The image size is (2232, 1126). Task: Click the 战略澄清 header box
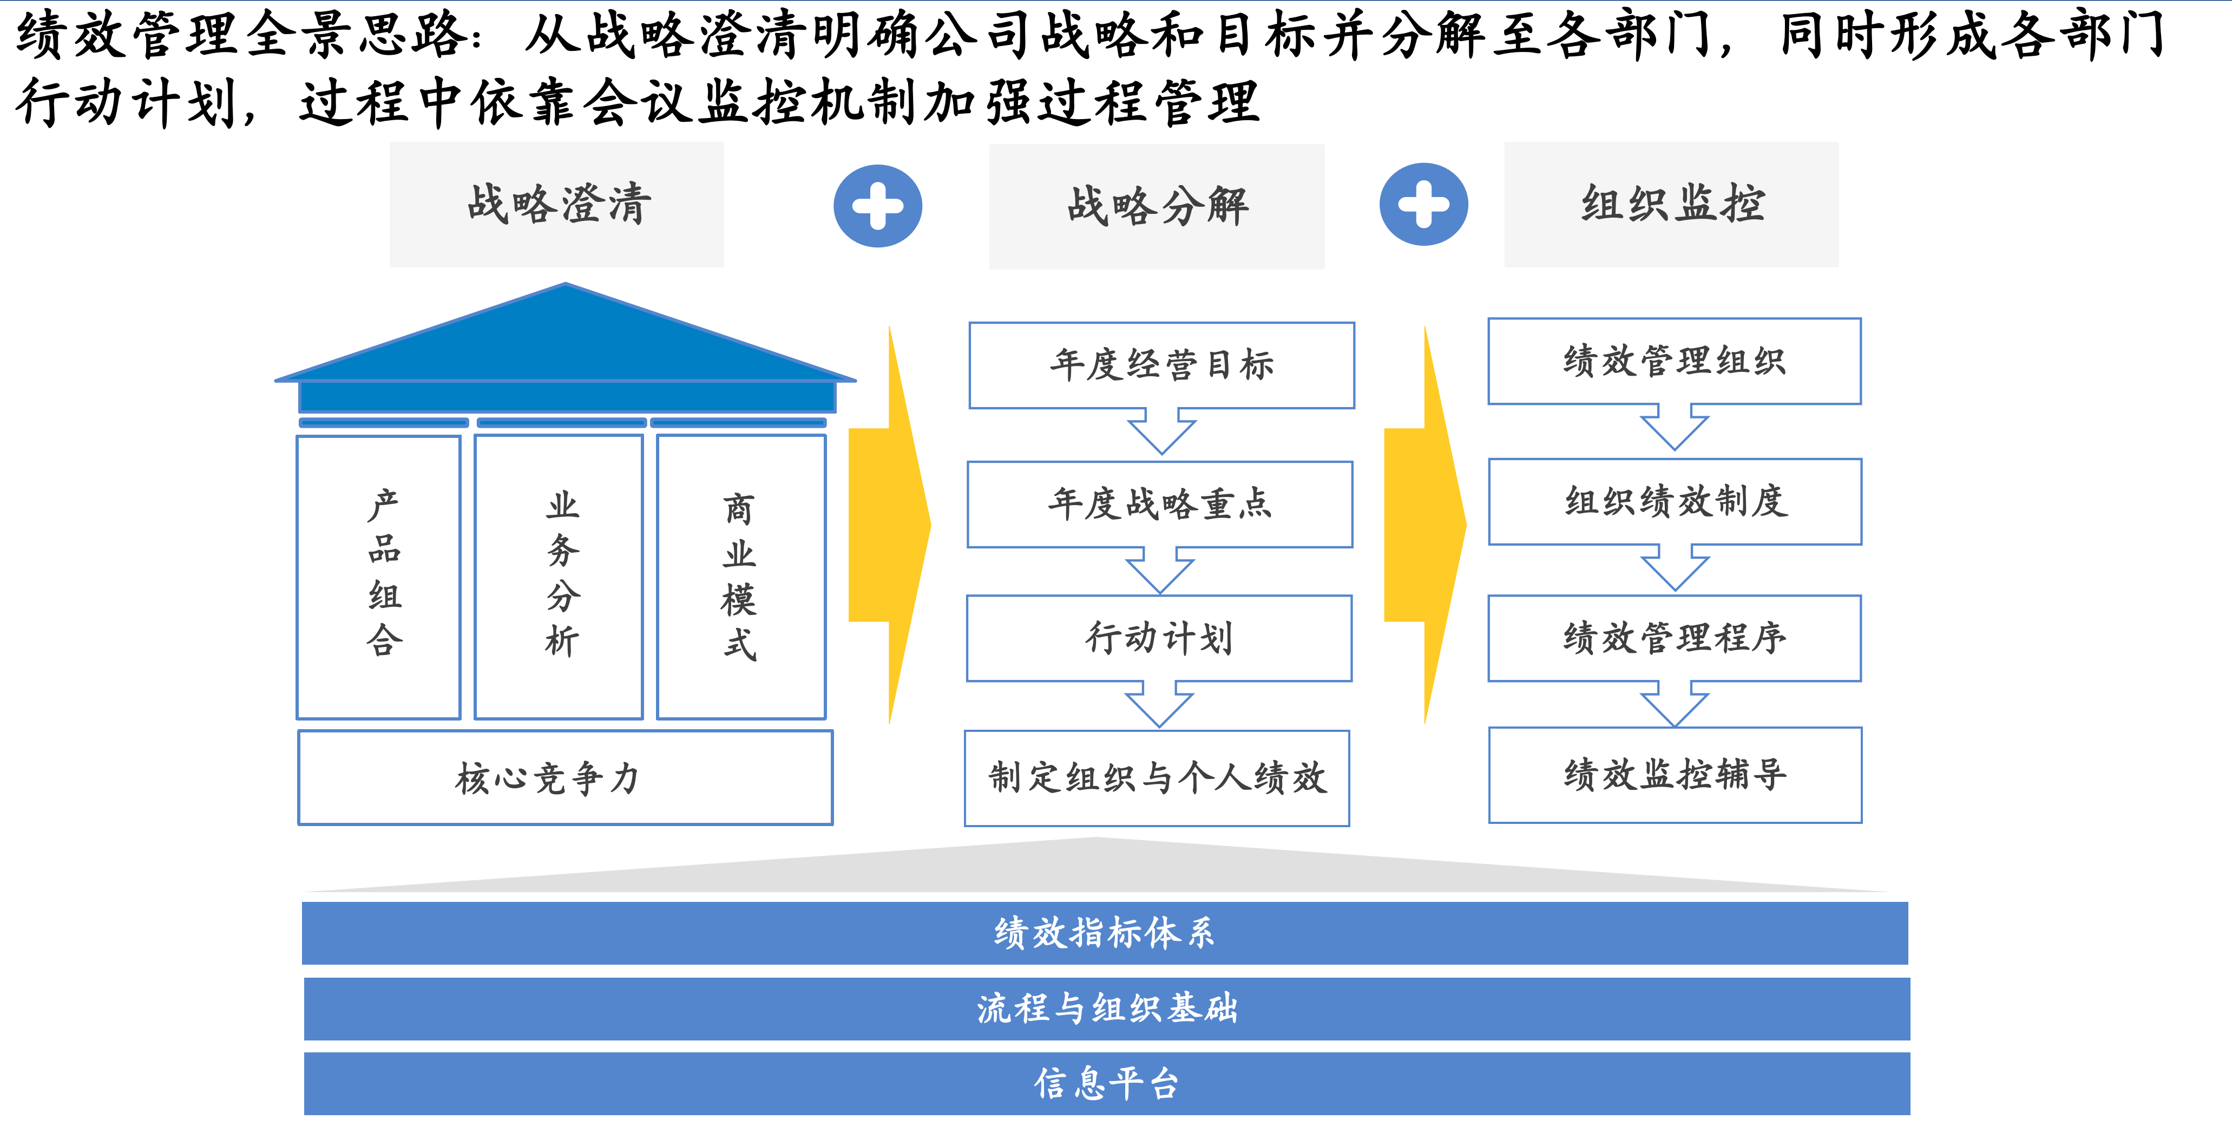[556, 205]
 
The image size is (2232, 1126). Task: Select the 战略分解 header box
[1157, 206]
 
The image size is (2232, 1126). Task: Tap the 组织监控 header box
[1671, 205]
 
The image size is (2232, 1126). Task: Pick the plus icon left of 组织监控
[1423, 205]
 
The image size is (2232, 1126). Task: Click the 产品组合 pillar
[379, 577]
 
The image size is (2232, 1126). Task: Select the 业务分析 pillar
[559, 577]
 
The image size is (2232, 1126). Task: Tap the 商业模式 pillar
[741, 577]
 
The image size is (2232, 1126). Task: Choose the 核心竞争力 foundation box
[566, 777]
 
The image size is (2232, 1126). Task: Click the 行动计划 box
[1159, 638]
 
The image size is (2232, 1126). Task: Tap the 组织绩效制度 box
[1676, 502]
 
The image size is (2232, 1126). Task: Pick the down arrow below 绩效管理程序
[1675, 704]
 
